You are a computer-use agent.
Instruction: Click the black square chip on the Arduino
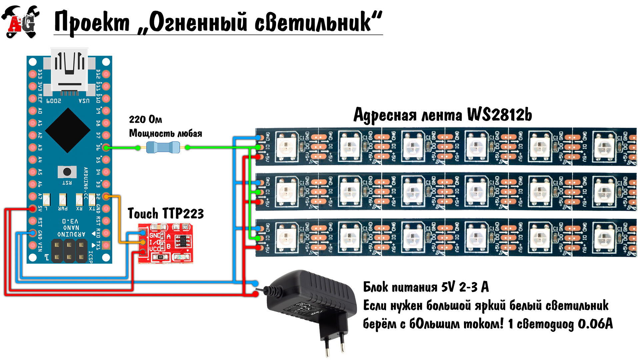pos(68,130)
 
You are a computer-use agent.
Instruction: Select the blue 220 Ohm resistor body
pos(163,147)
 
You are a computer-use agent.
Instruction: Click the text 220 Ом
pos(145,119)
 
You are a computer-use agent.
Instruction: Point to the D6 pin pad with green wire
pos(106,147)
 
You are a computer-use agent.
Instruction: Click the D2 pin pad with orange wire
pos(106,196)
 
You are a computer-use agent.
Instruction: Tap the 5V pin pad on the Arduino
pos(32,209)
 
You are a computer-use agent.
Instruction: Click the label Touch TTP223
pos(166,214)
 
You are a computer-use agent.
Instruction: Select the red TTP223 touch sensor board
pos(166,243)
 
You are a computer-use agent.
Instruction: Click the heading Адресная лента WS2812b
pos(442,115)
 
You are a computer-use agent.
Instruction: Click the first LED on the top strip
pos(286,146)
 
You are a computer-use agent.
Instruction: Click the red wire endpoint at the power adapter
pos(255,294)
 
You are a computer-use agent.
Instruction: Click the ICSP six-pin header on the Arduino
pos(69,251)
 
